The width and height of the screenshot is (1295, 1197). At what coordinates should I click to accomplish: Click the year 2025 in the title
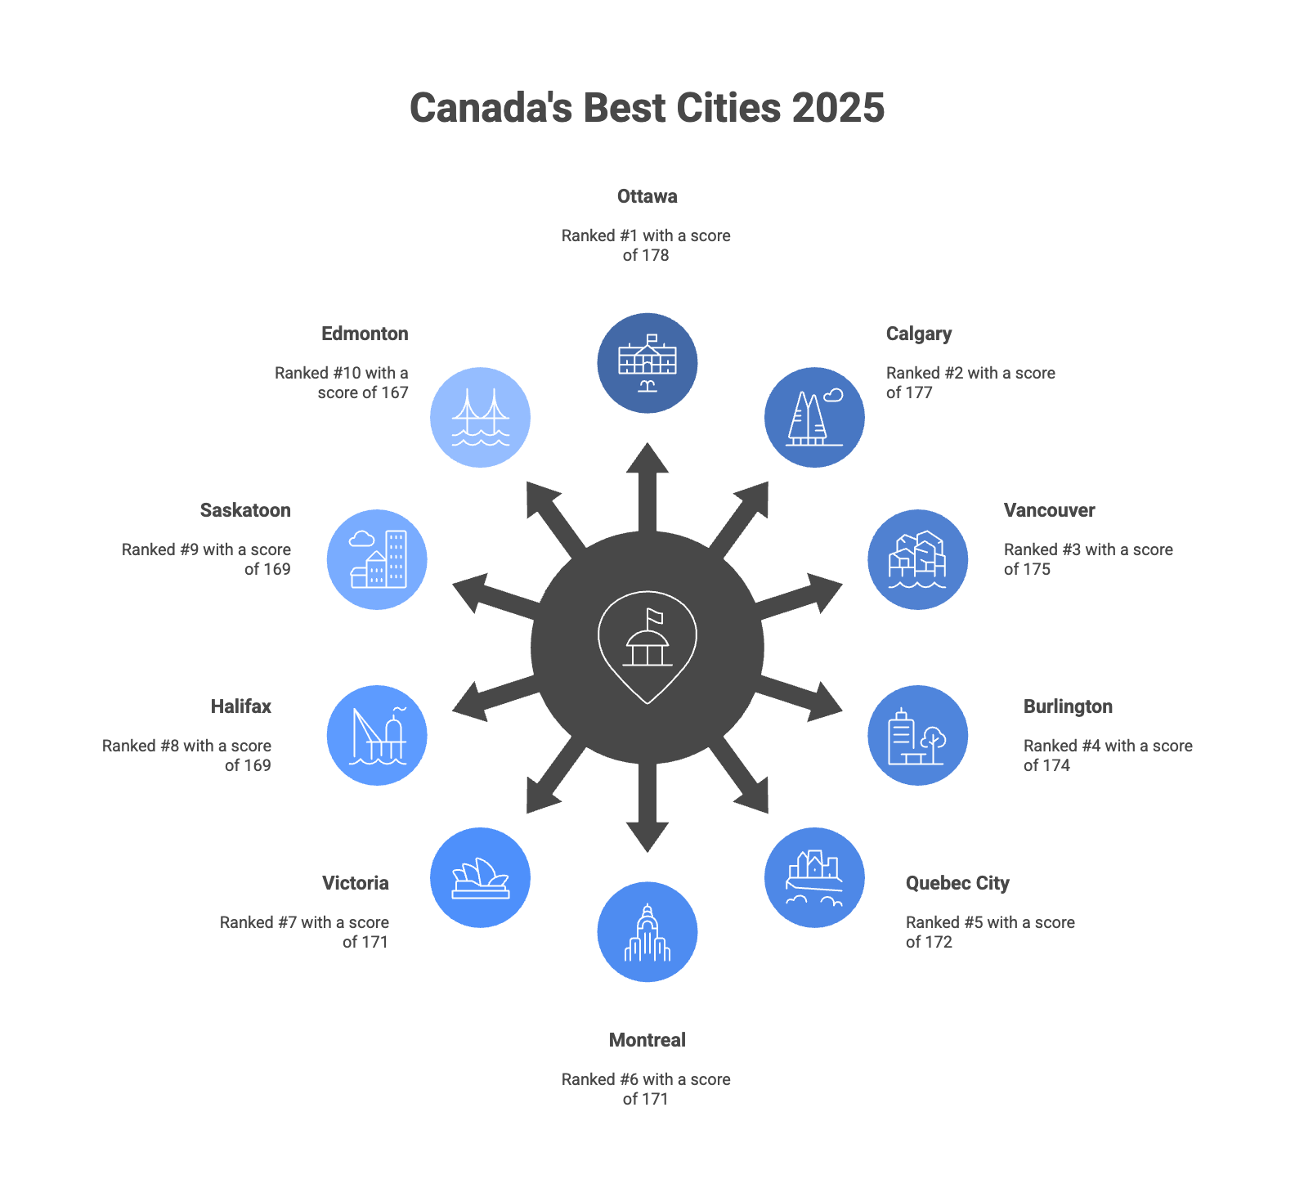(x=838, y=108)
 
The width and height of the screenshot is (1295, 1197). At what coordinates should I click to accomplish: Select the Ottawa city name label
(x=647, y=196)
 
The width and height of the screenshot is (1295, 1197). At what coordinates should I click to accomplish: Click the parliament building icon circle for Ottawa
(x=647, y=363)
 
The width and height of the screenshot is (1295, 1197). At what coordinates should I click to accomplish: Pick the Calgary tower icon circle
(x=814, y=417)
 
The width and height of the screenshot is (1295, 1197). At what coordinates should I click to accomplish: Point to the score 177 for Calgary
(x=919, y=392)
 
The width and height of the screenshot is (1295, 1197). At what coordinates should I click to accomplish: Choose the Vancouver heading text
(x=1049, y=510)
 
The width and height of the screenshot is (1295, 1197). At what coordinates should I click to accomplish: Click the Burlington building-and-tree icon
(x=917, y=735)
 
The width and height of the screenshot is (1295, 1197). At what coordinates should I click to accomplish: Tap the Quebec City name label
(x=957, y=883)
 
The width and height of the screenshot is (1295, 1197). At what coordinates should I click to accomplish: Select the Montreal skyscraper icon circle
(x=647, y=932)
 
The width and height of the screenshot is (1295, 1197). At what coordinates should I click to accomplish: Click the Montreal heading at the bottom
(x=647, y=1040)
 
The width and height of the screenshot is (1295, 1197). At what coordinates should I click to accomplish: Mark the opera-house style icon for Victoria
(x=480, y=878)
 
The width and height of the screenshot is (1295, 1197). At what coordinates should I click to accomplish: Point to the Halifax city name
(x=240, y=706)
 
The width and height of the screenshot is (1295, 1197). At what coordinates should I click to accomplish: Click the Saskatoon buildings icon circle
(x=377, y=559)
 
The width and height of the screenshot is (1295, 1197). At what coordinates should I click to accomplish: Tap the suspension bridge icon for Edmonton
(x=480, y=417)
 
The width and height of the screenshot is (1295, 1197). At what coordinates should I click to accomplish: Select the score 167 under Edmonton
(x=394, y=392)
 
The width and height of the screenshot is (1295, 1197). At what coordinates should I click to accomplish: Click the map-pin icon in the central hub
(x=647, y=646)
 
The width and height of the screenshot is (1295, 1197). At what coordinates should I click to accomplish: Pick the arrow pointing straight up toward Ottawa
(x=647, y=482)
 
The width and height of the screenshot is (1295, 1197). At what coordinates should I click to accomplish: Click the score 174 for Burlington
(x=1055, y=765)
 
